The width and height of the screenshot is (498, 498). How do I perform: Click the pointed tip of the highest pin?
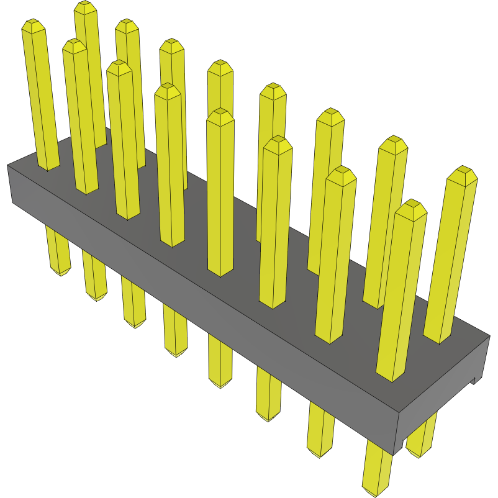[x=86, y=7]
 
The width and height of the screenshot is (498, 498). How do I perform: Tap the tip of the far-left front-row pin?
[x=34, y=25]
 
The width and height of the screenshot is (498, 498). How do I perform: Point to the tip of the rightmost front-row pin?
[x=410, y=207]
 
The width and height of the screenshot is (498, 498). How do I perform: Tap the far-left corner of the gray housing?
[x=8, y=166]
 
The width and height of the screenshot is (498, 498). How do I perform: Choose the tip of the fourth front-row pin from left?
[x=168, y=91]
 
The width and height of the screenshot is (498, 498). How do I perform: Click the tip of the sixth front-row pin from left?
[x=278, y=144]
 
